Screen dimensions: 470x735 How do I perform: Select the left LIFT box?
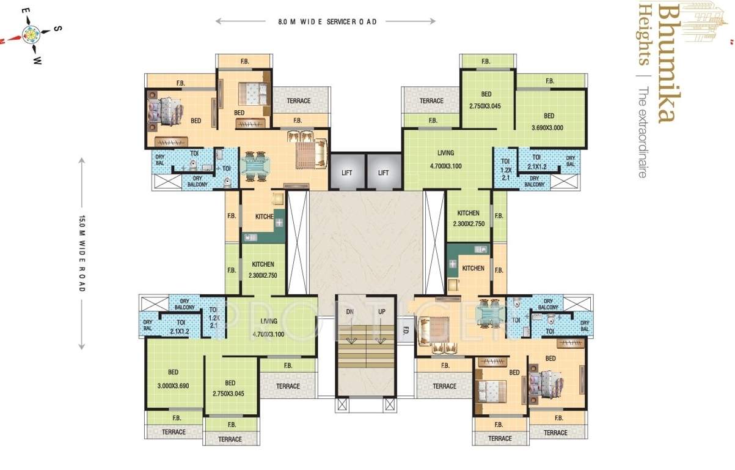[x=347, y=172]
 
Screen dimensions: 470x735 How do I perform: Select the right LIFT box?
[x=383, y=172]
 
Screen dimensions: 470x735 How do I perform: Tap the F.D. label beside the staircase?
[x=405, y=331]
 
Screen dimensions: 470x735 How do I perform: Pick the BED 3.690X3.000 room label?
[x=549, y=121]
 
